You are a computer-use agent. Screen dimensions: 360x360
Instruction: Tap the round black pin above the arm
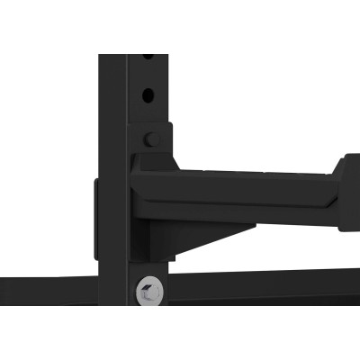tap(152, 139)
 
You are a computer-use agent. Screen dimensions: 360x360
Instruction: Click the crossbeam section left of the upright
tap(45, 292)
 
